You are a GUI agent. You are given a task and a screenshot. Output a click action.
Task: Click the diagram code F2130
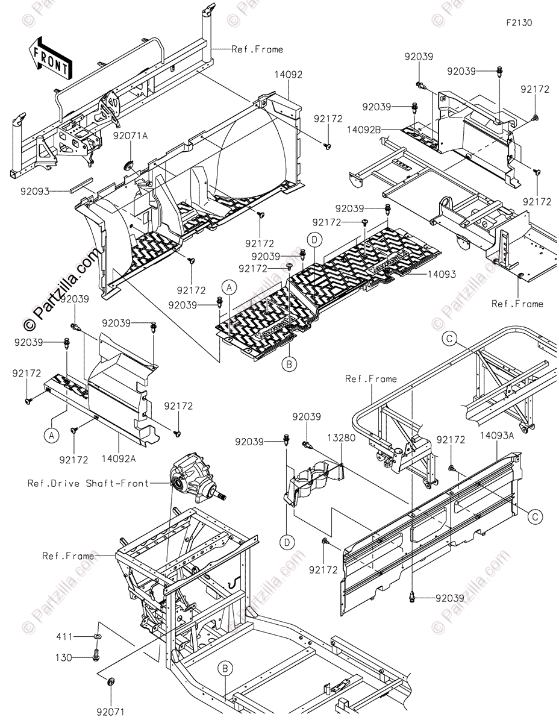[519, 23]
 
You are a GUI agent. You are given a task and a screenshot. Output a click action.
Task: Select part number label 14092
[289, 75]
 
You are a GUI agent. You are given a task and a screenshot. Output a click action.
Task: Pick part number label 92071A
[130, 136]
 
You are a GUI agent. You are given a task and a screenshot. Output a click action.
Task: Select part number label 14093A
[498, 435]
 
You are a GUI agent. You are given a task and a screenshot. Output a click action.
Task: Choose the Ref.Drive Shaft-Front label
[88, 483]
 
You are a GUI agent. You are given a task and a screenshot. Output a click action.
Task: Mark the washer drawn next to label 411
[97, 636]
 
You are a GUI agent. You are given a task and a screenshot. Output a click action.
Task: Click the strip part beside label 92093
[80, 184]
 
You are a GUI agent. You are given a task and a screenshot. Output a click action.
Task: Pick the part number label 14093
[442, 274]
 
